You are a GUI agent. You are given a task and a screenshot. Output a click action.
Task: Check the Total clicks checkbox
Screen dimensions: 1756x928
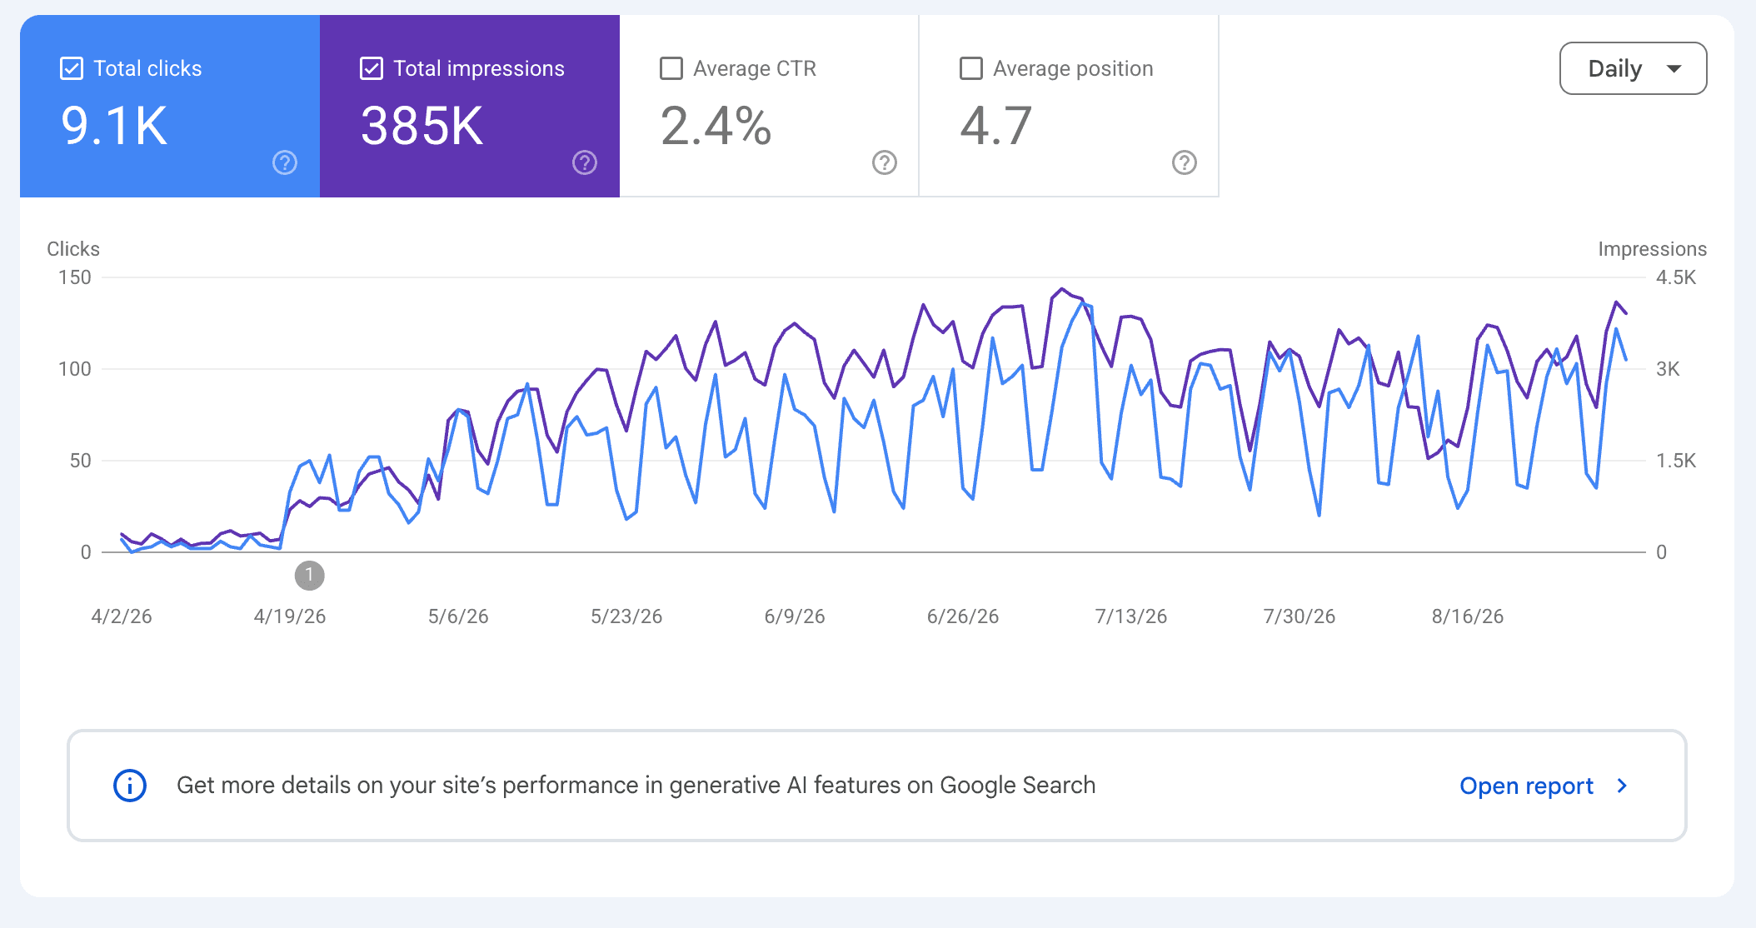[x=72, y=68]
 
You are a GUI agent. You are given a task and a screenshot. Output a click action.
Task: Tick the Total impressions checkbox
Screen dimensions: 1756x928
[x=372, y=68]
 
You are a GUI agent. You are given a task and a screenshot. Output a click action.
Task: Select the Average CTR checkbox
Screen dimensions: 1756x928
[x=671, y=68]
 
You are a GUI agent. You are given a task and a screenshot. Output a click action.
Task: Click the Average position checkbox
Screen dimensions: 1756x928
[x=971, y=68]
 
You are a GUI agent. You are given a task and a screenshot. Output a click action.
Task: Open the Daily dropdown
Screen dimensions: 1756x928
[x=1633, y=68]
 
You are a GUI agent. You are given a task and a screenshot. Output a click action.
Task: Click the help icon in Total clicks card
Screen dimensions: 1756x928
[x=285, y=162]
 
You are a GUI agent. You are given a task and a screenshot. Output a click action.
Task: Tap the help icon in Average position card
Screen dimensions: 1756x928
[x=1185, y=162]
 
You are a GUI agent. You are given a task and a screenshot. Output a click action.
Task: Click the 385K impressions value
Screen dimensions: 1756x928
[x=422, y=127]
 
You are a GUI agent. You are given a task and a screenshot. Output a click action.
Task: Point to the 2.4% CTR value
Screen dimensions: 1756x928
[x=716, y=127]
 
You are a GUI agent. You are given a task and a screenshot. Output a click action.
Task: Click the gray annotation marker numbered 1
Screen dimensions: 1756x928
[x=310, y=575]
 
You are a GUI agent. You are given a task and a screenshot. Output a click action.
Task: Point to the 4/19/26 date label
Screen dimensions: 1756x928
[x=290, y=616]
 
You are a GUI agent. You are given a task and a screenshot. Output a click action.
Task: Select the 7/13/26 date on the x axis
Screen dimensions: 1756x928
[x=1131, y=616]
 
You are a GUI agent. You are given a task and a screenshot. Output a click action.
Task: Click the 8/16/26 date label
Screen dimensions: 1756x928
[x=1468, y=616]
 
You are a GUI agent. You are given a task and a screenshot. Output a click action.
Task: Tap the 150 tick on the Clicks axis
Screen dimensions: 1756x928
[x=75, y=277]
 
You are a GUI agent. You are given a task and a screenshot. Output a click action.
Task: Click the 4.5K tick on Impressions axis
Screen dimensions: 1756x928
[x=1676, y=277]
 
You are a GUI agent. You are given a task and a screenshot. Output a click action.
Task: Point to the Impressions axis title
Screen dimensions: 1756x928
[x=1653, y=249]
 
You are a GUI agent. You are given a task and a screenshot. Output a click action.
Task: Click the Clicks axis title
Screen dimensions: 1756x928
[x=73, y=249]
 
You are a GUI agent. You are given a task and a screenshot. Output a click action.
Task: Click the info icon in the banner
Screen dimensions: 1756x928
[x=130, y=786]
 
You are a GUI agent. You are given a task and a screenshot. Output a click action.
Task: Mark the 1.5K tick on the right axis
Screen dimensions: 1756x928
[x=1676, y=461]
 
